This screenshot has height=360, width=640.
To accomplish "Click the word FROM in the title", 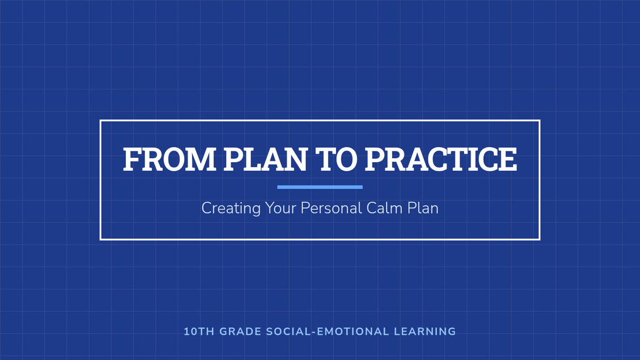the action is point(170,159).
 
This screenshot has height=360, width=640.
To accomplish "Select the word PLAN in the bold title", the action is point(265,159).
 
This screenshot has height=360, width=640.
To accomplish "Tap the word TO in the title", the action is point(336,159).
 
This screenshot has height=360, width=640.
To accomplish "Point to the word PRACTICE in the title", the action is point(441,159).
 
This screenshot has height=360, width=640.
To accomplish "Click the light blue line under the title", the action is point(320,187).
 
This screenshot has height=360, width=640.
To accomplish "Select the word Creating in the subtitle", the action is point(231,209).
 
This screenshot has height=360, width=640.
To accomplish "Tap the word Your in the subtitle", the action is point(281,208).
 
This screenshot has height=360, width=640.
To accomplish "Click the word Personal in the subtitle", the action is point(331,208).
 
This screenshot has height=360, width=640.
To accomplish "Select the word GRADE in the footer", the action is point(241,332).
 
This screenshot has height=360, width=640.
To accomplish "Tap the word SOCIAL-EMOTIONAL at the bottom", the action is point(327,332).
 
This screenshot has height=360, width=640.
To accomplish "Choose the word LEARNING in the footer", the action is point(425,332).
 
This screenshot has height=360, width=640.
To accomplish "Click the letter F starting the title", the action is point(132,159).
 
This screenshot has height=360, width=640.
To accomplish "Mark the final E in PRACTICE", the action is point(507,159).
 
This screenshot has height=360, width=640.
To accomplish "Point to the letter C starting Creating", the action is point(207,208).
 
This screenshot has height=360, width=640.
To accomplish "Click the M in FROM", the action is point(201,159).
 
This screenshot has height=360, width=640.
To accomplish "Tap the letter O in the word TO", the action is point(346,159).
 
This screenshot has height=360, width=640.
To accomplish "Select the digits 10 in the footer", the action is point(190,332).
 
